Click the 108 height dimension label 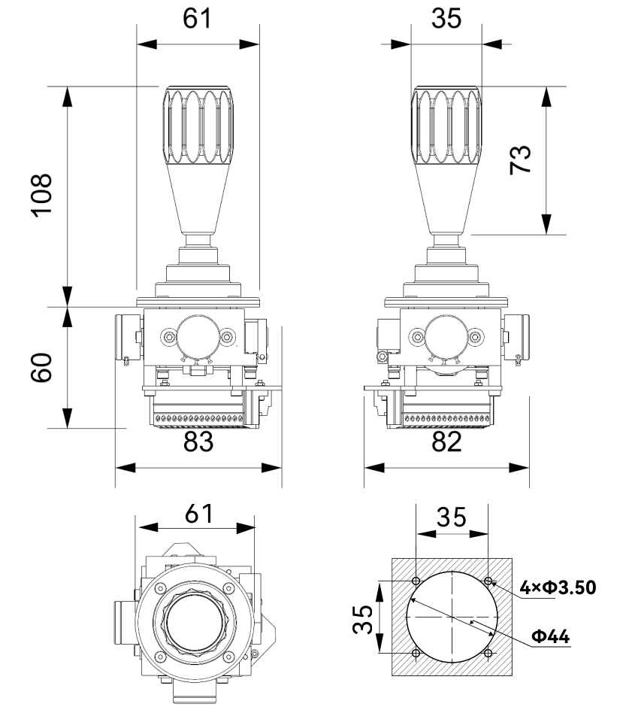click(41, 194)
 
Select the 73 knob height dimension click(520, 159)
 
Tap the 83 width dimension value click(198, 441)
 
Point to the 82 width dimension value click(446, 441)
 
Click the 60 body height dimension click(41, 368)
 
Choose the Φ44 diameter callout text click(551, 636)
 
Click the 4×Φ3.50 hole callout click(558, 587)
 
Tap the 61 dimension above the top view click(198, 514)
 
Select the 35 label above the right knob click(446, 19)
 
